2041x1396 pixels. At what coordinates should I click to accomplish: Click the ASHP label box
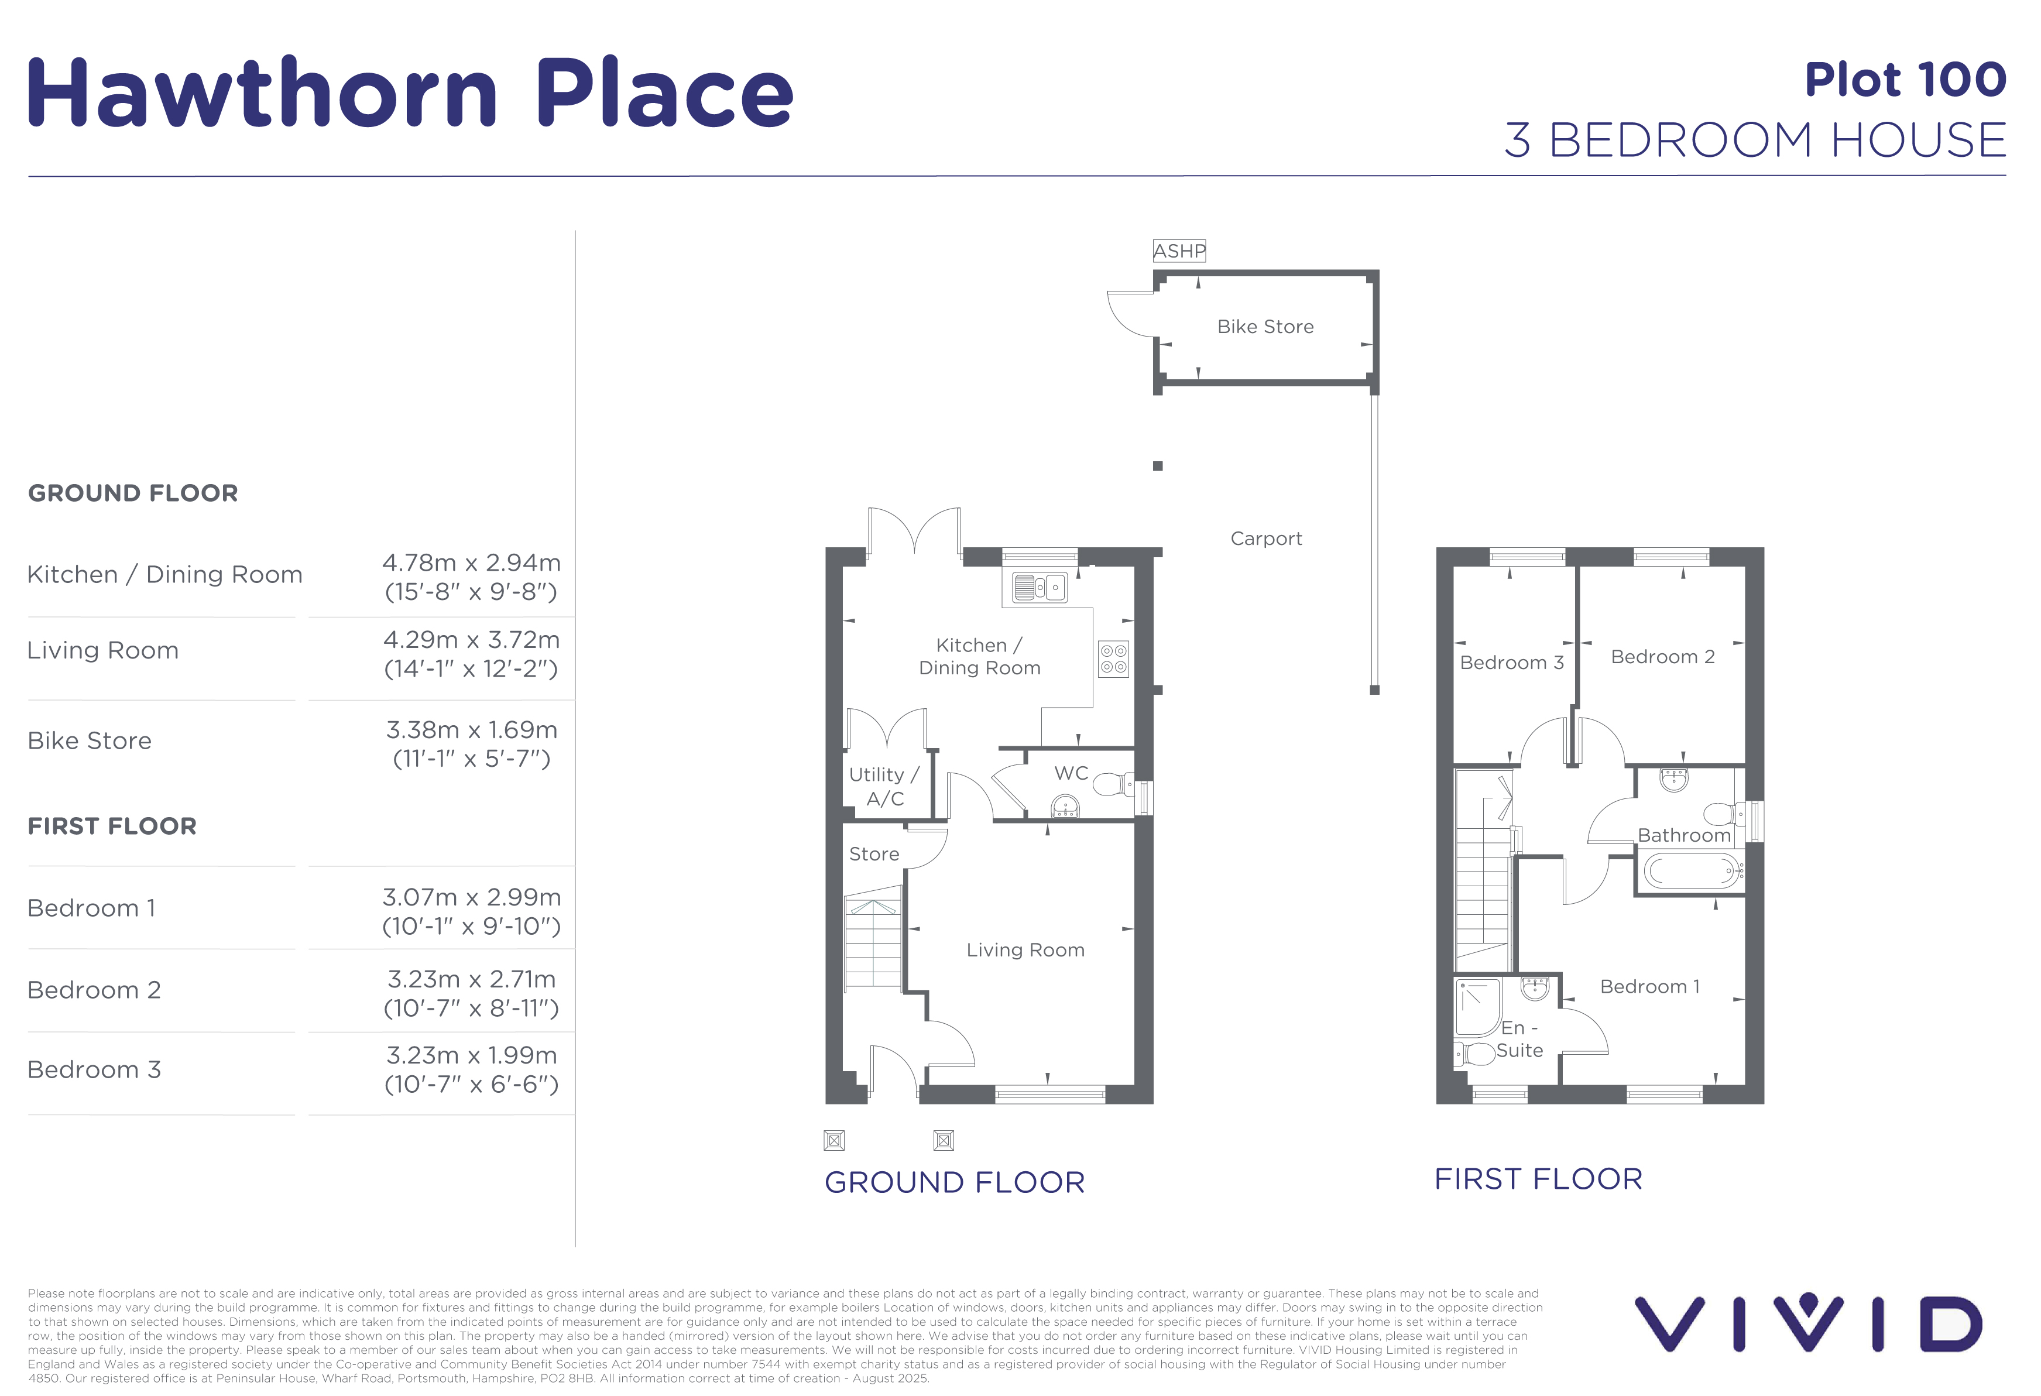point(1179,251)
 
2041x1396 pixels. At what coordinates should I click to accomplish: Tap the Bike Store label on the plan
point(1265,327)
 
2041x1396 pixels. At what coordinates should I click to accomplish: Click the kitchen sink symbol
point(1039,586)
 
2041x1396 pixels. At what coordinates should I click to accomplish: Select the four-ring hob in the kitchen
point(1114,658)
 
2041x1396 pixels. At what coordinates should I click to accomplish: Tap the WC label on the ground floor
point(1072,773)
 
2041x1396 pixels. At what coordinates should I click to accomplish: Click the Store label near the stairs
point(874,853)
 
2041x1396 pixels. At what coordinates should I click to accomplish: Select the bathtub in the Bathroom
point(1690,871)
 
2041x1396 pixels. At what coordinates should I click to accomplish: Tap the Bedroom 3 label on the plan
point(1511,663)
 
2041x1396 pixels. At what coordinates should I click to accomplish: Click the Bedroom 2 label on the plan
point(1662,657)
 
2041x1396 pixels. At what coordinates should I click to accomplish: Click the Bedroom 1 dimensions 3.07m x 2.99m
point(472,897)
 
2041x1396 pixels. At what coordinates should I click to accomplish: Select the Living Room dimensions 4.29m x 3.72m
point(472,639)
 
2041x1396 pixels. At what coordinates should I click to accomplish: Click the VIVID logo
point(1807,1322)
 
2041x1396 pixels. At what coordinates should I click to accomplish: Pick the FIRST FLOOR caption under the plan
point(1538,1179)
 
